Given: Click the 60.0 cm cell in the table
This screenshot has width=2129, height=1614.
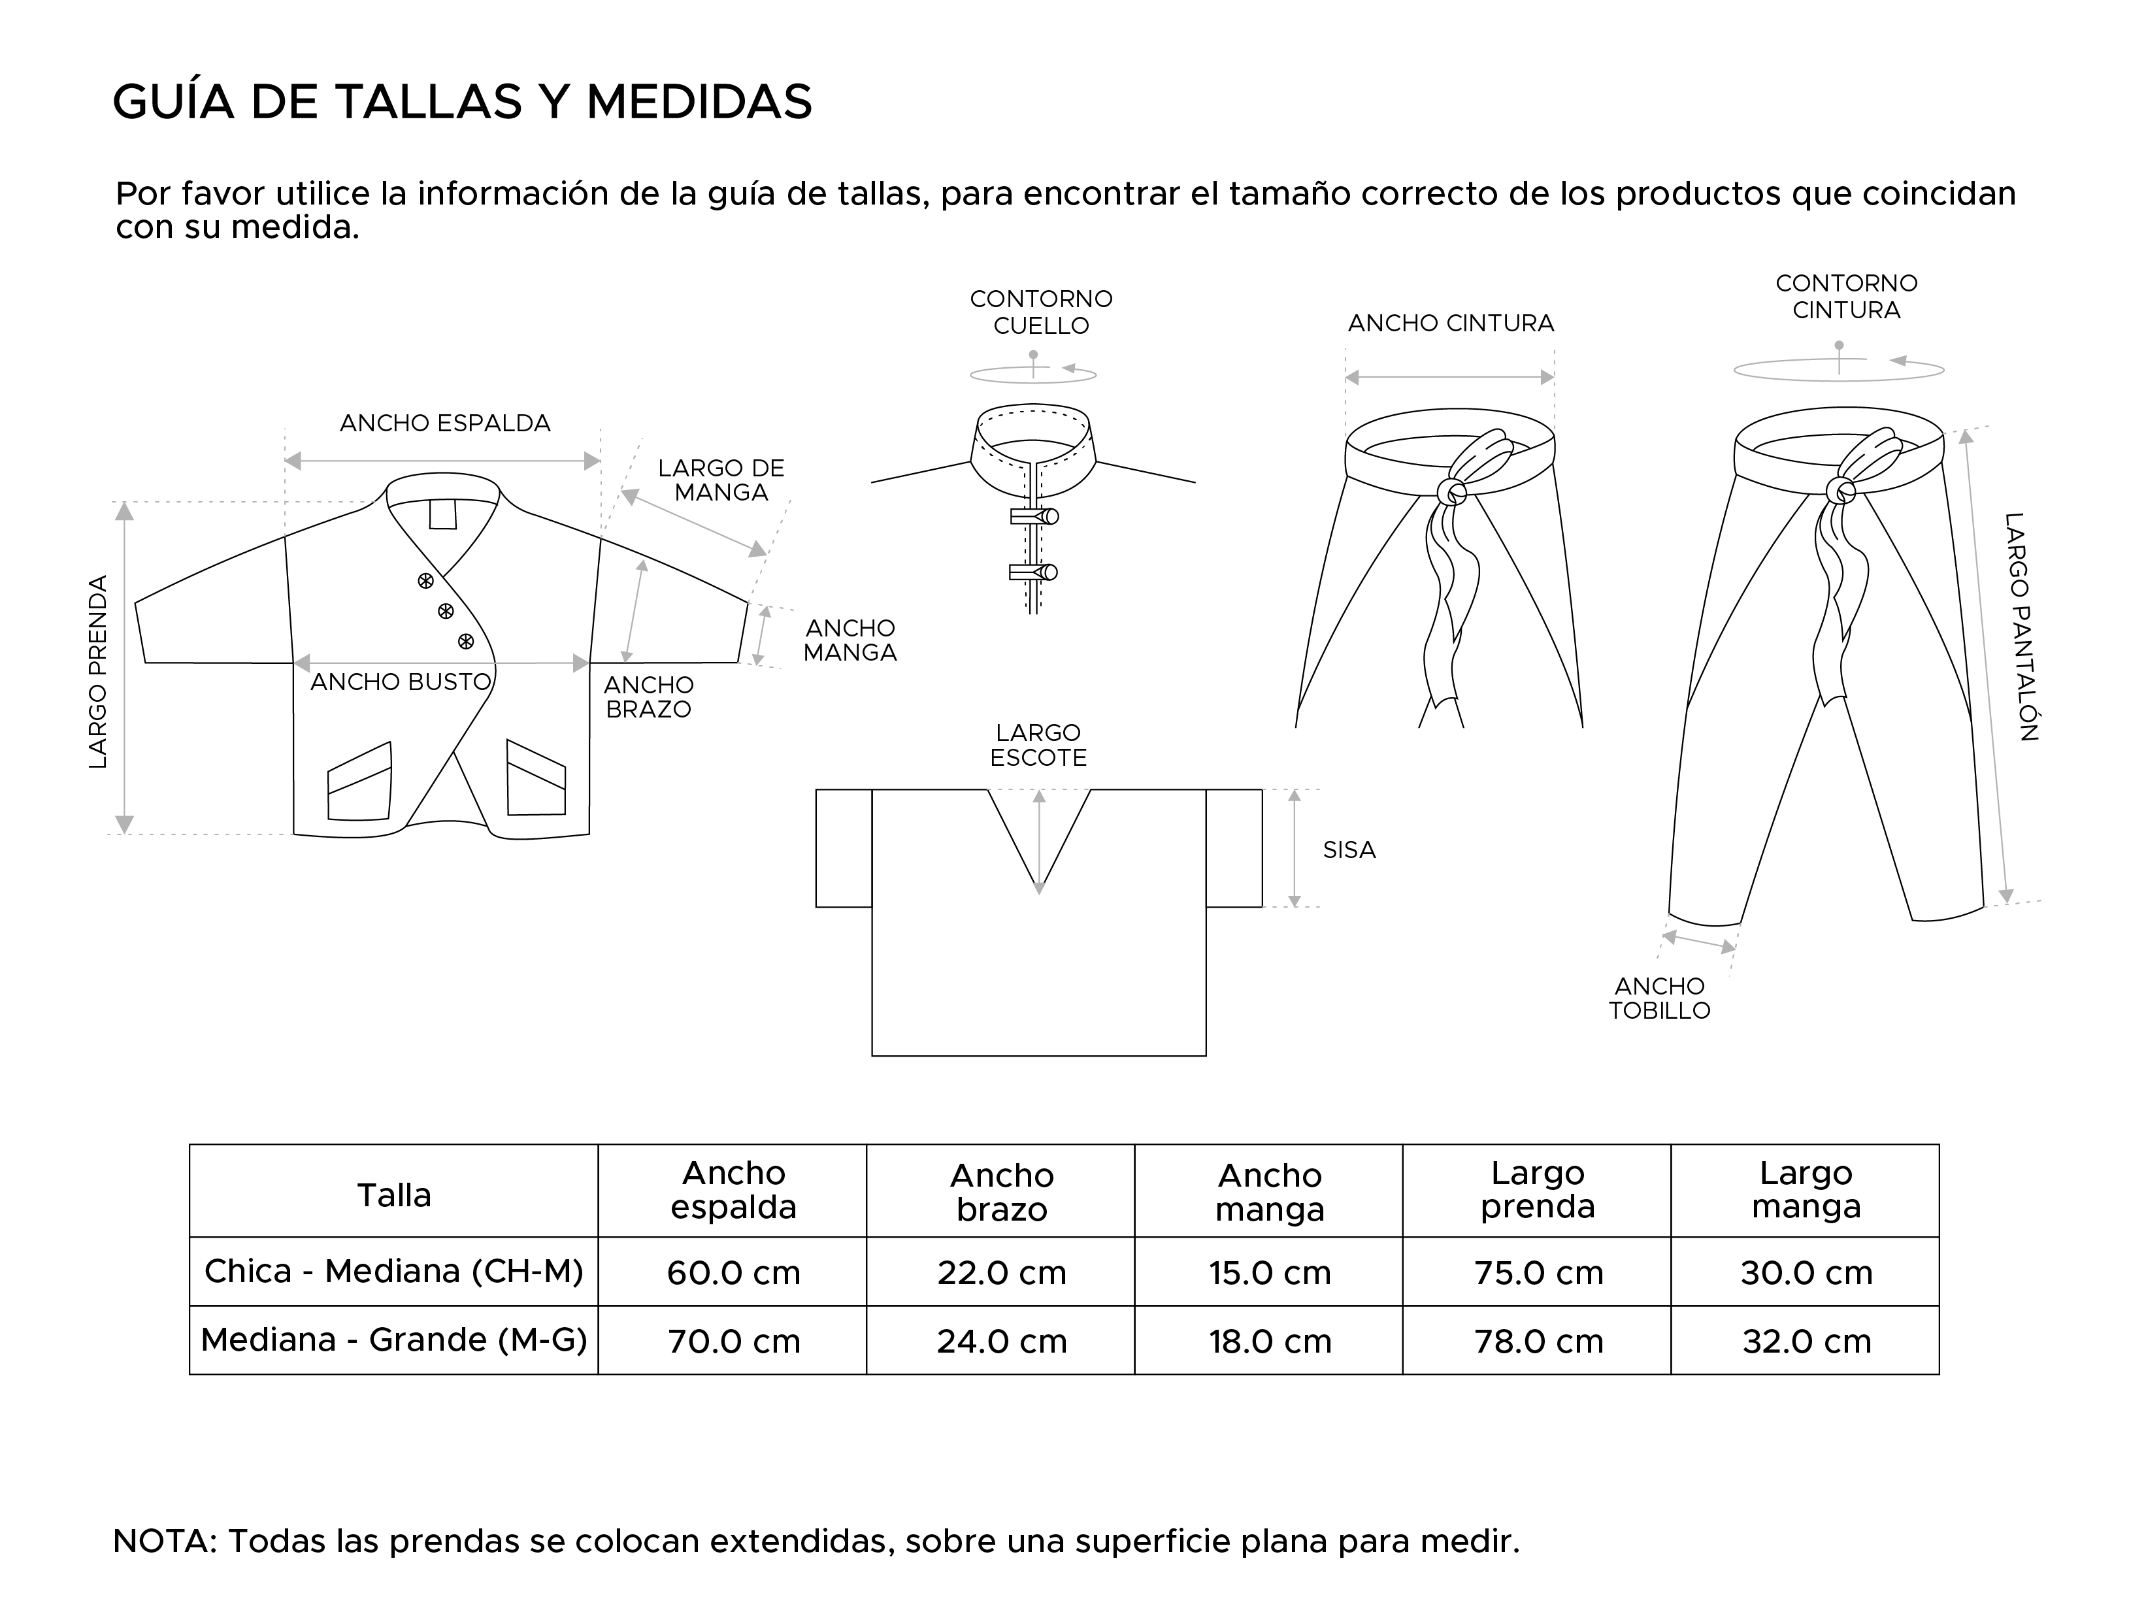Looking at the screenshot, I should (x=733, y=1272).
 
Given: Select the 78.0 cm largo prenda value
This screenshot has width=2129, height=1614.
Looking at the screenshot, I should (x=1538, y=1341).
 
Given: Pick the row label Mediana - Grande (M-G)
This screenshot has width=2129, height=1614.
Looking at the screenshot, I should (x=393, y=1340).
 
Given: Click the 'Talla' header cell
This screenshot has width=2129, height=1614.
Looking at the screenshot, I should (x=393, y=1195).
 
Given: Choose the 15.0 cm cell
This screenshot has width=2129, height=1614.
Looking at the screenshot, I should (x=1270, y=1272).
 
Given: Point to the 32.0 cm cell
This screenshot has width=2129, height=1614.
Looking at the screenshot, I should (x=1806, y=1341).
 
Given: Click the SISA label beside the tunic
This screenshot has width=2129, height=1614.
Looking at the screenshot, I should (x=1348, y=850).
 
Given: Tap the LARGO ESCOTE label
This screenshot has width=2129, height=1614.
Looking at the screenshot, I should (x=1038, y=745).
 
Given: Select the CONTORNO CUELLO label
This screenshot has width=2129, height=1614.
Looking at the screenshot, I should (x=1040, y=312).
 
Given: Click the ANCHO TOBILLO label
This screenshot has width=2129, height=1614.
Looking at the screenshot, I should (x=1659, y=998).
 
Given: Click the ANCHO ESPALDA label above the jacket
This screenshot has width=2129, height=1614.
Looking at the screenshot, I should (x=444, y=423).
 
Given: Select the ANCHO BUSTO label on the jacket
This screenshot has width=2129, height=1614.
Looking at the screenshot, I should (x=401, y=682).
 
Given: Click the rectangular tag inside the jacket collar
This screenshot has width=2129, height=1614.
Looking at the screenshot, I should (x=443, y=514).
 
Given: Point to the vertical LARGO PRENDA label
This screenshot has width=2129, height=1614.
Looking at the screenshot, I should (x=98, y=671).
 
